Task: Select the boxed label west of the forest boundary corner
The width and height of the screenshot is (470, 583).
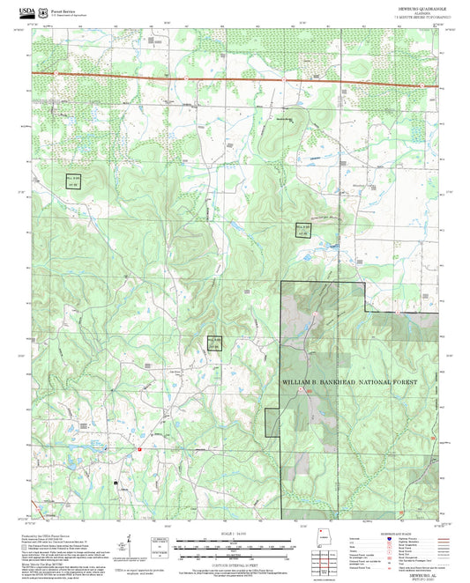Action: [214, 343]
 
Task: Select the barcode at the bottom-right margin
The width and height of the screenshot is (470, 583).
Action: [325, 578]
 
